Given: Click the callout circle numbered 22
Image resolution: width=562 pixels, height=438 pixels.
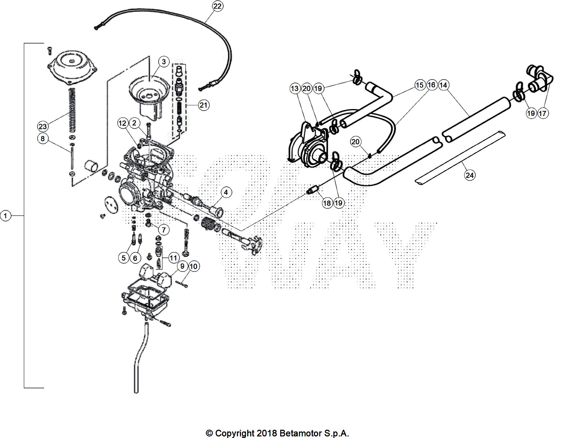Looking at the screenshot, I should (218, 6).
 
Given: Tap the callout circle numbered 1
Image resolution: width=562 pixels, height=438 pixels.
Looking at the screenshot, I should (6, 215).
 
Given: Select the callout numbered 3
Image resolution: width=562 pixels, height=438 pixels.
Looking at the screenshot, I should (164, 62).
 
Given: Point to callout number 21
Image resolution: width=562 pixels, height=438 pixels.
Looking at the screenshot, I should (203, 105).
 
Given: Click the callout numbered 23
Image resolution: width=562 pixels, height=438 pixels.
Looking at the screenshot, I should (43, 126).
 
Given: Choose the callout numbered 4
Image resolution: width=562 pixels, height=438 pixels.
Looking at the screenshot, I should (226, 192).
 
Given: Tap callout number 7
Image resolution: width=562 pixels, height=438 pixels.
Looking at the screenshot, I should (164, 230).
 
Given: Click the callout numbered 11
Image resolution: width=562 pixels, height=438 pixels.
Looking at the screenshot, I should (173, 258).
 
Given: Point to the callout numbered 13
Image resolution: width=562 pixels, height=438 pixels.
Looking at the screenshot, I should (295, 89).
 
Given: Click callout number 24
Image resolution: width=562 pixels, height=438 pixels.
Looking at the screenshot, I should (469, 175).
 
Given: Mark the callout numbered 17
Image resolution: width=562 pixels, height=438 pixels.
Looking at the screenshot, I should (542, 113).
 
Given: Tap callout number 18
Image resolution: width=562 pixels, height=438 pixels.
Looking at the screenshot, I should (327, 203).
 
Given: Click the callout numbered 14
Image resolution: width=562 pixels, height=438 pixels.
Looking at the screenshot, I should (443, 85).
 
